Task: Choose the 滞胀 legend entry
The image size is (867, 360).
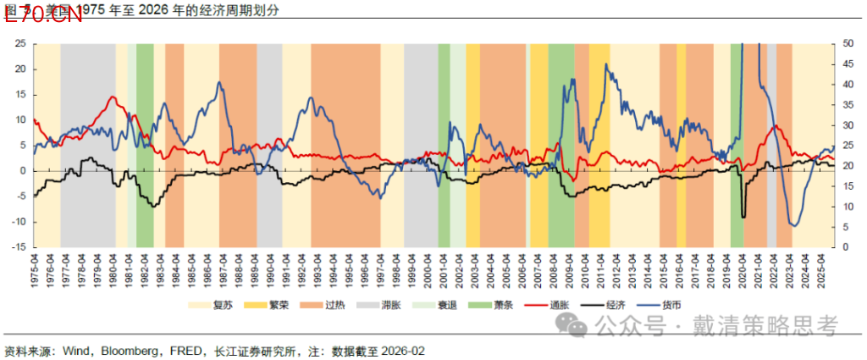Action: pos(390,303)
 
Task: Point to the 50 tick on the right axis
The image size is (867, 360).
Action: pos(848,42)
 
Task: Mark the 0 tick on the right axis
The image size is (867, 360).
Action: pos(845,247)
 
